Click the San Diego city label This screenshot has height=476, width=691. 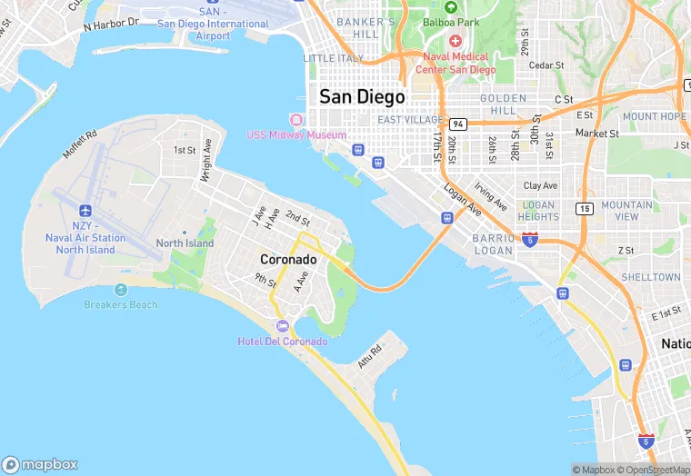pos(362,96)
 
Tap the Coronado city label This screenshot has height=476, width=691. pos(288,259)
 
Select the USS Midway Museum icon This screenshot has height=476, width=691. pos(295,120)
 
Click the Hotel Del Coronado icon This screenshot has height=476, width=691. pos(282,326)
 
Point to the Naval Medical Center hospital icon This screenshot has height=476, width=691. pos(456,42)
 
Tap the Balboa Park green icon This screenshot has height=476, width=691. pos(450,6)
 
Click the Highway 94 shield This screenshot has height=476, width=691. pos(456,124)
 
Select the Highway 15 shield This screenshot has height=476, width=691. pos(583,208)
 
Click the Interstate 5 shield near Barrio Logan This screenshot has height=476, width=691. pos(529,240)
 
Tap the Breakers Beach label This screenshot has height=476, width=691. pos(120,305)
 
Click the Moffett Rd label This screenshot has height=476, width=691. pos(79,144)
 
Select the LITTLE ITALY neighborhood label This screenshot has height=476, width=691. pos(333,58)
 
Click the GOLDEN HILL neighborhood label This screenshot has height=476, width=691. pos(503,104)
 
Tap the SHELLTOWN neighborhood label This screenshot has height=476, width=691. pos(650,277)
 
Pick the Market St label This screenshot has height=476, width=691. pos(596,133)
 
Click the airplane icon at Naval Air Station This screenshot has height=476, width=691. pos(85,209)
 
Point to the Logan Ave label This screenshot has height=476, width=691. pos(463,200)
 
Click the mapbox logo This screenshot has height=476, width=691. pos(39,464)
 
